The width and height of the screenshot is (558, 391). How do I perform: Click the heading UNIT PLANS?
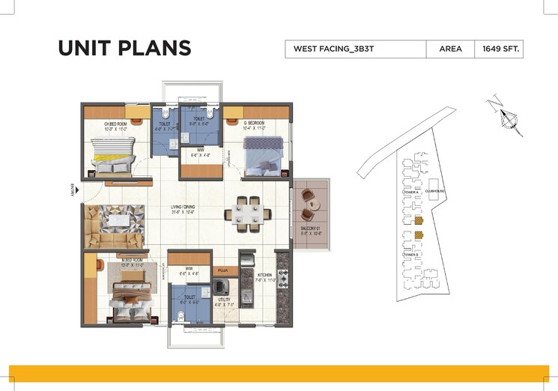(x=124, y=49)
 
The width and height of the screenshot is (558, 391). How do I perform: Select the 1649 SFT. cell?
(x=498, y=49)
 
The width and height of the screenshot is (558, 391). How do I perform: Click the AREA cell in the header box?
(x=449, y=49)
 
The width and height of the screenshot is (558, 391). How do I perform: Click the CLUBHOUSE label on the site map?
(x=435, y=192)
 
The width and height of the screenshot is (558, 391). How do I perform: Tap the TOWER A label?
(x=411, y=192)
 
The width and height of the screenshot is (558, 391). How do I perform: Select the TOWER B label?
(x=411, y=255)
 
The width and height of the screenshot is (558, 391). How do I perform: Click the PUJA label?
(x=222, y=270)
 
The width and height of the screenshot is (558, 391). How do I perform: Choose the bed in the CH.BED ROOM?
(x=110, y=157)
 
